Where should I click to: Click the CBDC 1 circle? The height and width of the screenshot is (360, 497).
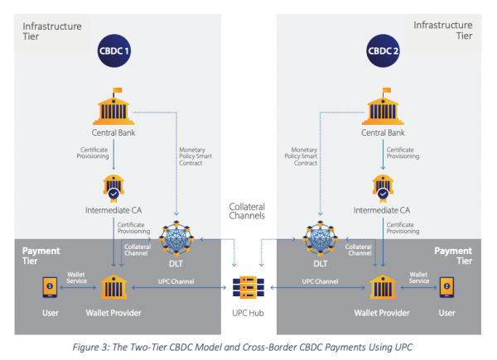tap(114, 50)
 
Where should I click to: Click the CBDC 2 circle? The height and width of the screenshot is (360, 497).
tap(383, 50)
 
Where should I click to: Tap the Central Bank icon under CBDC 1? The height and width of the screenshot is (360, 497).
tap(113, 107)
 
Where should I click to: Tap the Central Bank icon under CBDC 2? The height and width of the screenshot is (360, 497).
tap(383, 107)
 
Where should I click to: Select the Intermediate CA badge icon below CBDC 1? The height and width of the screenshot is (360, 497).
tap(113, 188)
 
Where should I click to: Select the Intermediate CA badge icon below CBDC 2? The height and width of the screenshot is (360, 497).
tap(383, 188)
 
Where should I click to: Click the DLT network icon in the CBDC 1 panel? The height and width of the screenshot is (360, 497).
tap(176, 238)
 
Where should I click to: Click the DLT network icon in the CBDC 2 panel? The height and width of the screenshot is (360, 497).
tap(320, 238)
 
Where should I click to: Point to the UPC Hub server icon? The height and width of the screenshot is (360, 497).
tap(248, 287)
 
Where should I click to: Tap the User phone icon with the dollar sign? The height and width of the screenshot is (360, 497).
tap(50, 287)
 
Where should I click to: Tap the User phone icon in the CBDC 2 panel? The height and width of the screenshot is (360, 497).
tap(446, 287)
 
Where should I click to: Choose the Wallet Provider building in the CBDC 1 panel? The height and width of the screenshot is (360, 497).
tap(113, 287)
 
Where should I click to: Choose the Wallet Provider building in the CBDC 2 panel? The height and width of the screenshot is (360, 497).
tap(383, 287)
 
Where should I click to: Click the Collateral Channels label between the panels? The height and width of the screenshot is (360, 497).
tap(247, 211)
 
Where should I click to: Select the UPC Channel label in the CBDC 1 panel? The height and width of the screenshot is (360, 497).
tap(176, 281)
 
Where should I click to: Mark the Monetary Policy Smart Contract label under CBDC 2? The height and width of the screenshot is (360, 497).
tap(301, 156)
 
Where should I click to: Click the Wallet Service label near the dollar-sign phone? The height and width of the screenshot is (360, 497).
tap(76, 278)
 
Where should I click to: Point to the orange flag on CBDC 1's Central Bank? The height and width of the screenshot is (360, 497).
tap(118, 90)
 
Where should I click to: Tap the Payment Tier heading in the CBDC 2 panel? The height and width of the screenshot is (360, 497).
tap(453, 256)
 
